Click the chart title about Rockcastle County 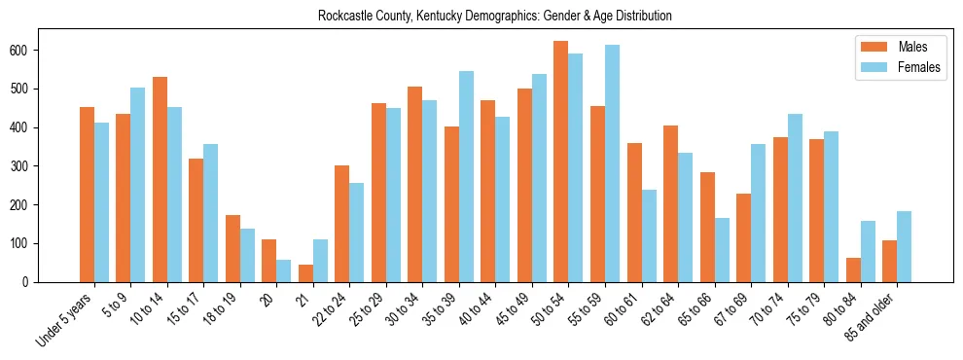pos(494,17)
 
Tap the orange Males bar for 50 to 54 pos(560,162)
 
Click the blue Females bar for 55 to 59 pos(612,163)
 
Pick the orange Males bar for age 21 pos(305,273)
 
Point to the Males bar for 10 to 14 pos(160,179)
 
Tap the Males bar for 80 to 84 pos(853,270)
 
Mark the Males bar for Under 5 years pos(87,195)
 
